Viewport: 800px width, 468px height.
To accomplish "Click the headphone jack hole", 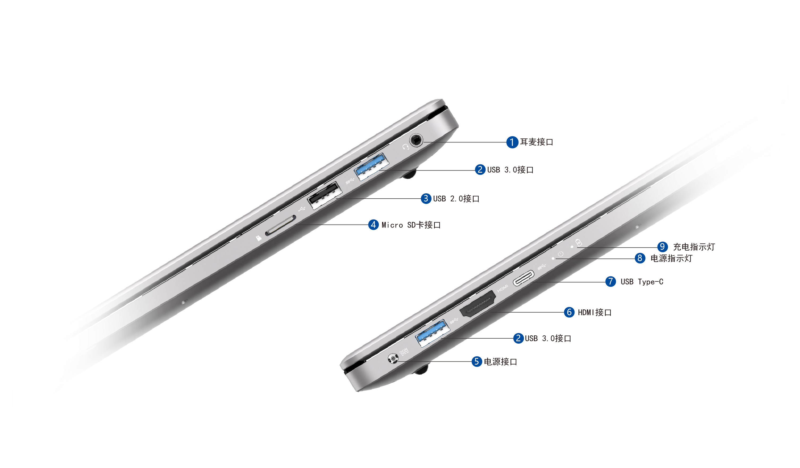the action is click(x=416, y=140).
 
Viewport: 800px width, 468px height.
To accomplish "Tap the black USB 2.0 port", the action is click(x=325, y=195).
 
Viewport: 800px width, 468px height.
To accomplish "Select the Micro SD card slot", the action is click(x=281, y=226).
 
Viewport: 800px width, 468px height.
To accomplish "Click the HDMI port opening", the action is click(x=478, y=304).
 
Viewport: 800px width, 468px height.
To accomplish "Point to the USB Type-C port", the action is click(x=524, y=278).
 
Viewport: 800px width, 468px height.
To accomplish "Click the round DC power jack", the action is click(x=393, y=358).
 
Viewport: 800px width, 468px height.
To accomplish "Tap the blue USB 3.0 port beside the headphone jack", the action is click(x=372, y=167).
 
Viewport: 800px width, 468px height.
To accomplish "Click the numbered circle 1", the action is click(x=512, y=142).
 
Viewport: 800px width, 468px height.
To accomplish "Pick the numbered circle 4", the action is click(x=373, y=225).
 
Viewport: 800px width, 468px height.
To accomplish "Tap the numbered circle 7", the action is click(x=611, y=281).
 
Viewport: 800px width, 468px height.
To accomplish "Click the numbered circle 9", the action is click(x=662, y=247).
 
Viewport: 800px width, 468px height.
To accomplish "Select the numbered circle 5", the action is click(x=477, y=361).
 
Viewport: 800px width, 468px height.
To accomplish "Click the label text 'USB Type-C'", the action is click(x=642, y=282).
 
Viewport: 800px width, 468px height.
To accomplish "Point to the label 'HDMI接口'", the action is click(x=595, y=313).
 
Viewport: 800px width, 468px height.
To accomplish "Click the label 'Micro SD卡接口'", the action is click(x=411, y=225).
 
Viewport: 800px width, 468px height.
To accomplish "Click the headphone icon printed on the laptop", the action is click(x=405, y=147).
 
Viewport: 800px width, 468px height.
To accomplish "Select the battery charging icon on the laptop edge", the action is click(x=579, y=243).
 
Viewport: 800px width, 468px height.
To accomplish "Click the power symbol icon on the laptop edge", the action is click(x=561, y=254).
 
